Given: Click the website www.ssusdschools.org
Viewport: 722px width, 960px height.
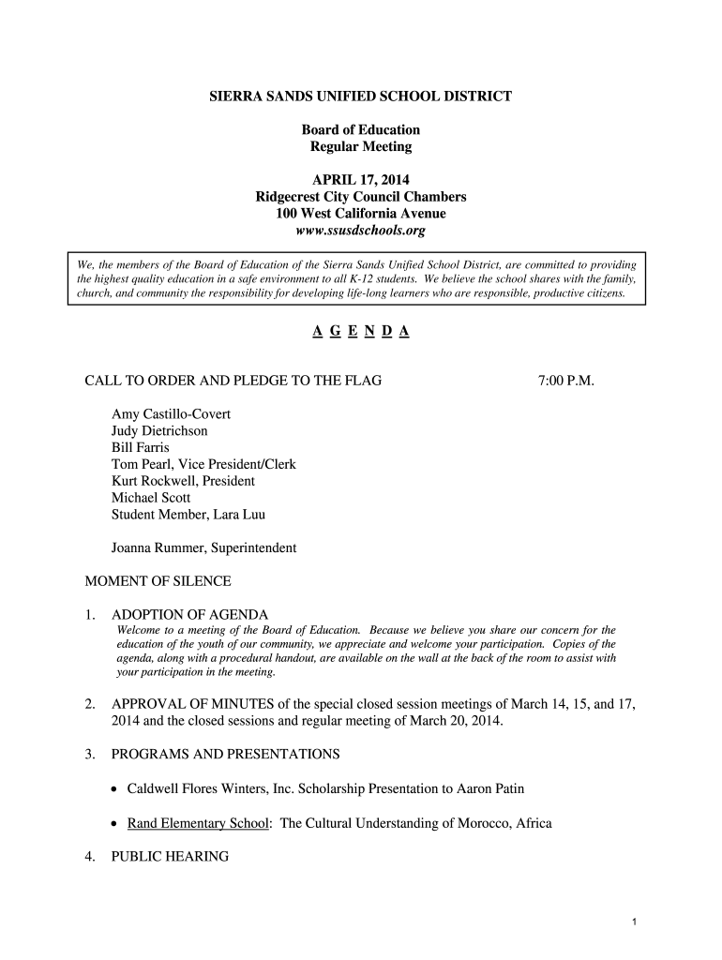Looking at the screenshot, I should [361, 231].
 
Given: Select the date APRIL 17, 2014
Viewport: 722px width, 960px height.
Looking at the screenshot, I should [361, 180].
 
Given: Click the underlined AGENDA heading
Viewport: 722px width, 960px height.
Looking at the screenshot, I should [361, 332].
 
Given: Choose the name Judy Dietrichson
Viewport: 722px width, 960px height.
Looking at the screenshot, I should [159, 430].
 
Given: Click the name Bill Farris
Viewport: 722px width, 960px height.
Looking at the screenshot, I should [141, 447].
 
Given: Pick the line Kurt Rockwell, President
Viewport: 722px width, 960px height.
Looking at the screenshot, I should [183, 481].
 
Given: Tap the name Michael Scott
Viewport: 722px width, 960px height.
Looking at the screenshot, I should [151, 498].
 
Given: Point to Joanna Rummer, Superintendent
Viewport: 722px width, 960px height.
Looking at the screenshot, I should [203, 547].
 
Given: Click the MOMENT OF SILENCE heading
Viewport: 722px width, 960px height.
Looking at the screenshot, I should [158, 581].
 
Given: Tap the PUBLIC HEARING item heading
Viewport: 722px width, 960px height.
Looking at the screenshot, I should [170, 856].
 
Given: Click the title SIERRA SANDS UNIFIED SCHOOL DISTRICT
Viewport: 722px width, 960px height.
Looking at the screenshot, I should [361, 97].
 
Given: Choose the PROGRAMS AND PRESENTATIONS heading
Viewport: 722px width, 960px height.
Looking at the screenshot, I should [225, 754].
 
